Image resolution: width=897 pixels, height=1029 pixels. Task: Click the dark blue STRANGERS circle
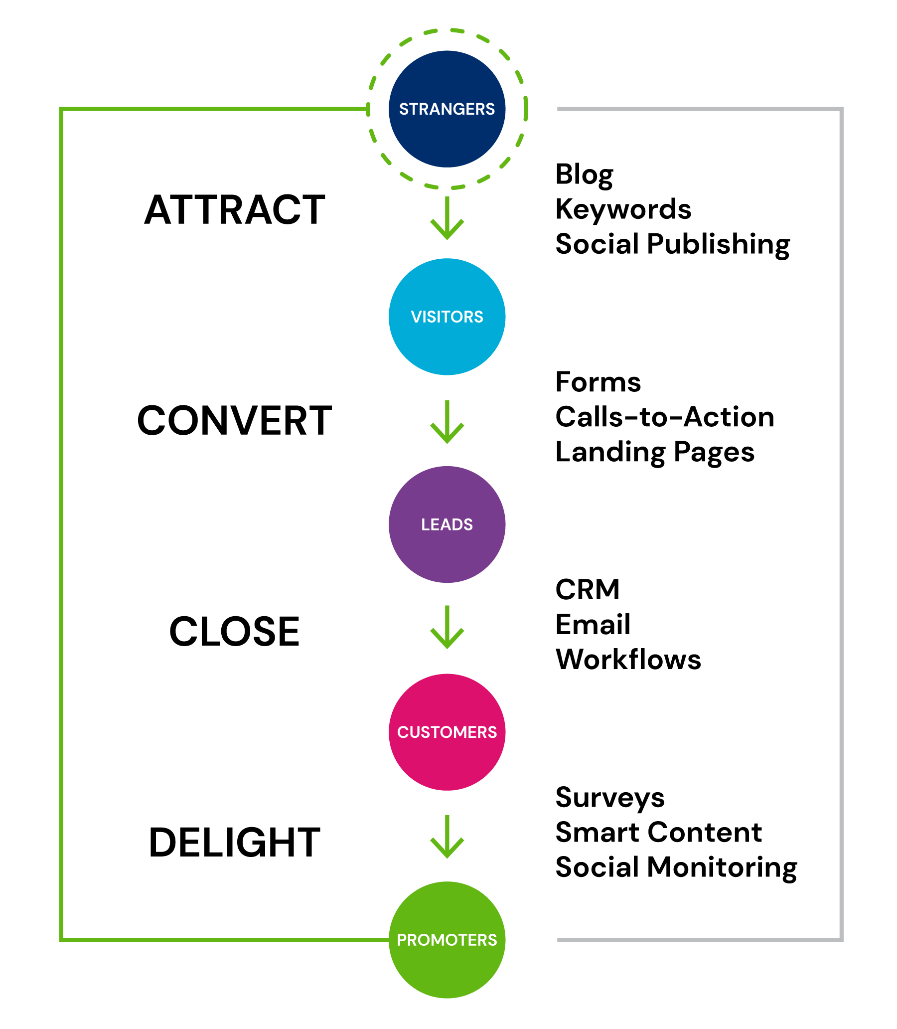pyautogui.click(x=447, y=109)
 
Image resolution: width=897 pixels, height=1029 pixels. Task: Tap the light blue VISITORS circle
pyautogui.click(x=447, y=317)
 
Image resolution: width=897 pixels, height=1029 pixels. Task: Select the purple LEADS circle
pyautogui.click(x=447, y=524)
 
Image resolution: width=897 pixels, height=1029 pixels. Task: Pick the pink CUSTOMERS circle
pyautogui.click(x=447, y=732)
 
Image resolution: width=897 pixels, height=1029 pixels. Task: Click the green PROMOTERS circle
pyautogui.click(x=447, y=940)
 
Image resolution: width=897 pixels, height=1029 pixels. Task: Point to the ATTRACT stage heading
pyautogui.click(x=234, y=210)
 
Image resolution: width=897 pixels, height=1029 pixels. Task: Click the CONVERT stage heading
pyautogui.click(x=234, y=421)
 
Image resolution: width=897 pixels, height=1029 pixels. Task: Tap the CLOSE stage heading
pyautogui.click(x=234, y=632)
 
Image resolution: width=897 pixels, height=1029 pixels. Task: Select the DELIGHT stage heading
pyautogui.click(x=234, y=843)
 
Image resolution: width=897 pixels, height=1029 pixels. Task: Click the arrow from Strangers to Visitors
pyautogui.click(x=447, y=218)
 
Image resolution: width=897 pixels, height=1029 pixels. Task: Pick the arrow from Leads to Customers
pyautogui.click(x=447, y=627)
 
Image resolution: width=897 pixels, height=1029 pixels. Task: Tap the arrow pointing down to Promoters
pyautogui.click(x=447, y=837)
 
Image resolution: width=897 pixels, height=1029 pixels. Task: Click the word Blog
pyautogui.click(x=584, y=175)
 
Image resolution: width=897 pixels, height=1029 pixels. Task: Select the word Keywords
pyautogui.click(x=623, y=209)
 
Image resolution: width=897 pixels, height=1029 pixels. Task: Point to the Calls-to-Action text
pyautogui.click(x=665, y=417)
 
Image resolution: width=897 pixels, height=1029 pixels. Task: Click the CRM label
pyautogui.click(x=587, y=589)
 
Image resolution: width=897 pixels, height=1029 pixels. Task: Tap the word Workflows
pyautogui.click(x=628, y=660)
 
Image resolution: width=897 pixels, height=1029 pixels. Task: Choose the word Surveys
pyautogui.click(x=609, y=797)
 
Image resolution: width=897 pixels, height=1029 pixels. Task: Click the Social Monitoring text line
pyautogui.click(x=676, y=867)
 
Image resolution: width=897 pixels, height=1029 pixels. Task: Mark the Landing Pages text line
pyautogui.click(x=655, y=452)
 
